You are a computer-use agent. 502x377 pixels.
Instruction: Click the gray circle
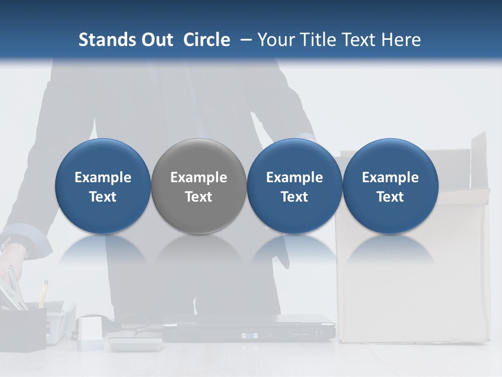pos(198,186)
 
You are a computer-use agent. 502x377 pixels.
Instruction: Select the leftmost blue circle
pos(102,186)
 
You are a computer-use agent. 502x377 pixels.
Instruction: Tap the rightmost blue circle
pos(390,186)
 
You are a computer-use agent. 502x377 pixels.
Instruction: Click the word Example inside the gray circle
pos(198,178)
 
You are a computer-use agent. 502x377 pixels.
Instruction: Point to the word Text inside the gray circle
pos(198,197)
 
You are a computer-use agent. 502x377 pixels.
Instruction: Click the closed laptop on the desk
pos(248,329)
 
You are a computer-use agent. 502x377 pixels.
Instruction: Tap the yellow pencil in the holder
pos(43,293)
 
